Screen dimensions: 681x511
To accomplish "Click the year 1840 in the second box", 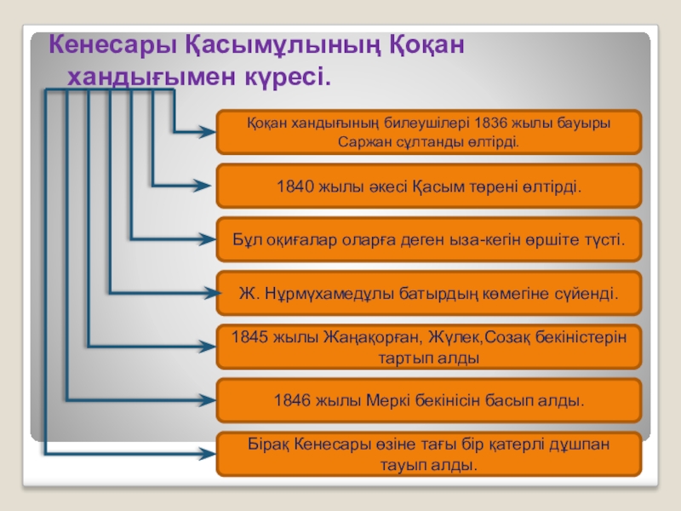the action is (x=297, y=186).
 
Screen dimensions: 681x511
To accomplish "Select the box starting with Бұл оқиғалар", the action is (x=429, y=239).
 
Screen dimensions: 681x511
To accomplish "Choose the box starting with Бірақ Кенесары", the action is (x=429, y=452).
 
